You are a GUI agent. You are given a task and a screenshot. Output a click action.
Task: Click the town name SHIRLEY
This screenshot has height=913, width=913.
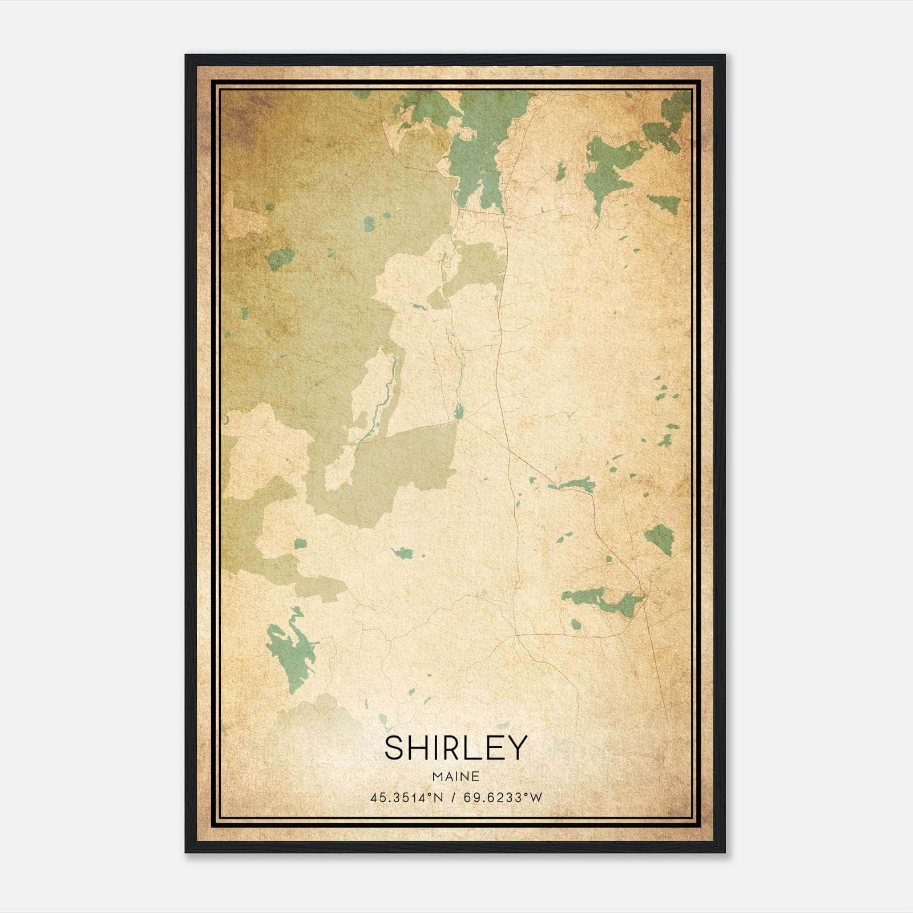tap(455, 748)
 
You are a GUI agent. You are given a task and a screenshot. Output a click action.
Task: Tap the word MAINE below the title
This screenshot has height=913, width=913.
tap(455, 777)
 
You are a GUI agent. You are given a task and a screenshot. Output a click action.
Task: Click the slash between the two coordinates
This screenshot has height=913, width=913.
tap(454, 798)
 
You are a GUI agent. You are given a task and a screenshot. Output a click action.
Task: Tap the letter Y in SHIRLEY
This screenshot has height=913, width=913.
tap(516, 748)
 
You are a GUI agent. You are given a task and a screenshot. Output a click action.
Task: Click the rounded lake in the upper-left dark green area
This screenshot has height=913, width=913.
tap(280, 258)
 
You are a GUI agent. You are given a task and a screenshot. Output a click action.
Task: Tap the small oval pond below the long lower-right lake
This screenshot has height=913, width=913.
tap(576, 625)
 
